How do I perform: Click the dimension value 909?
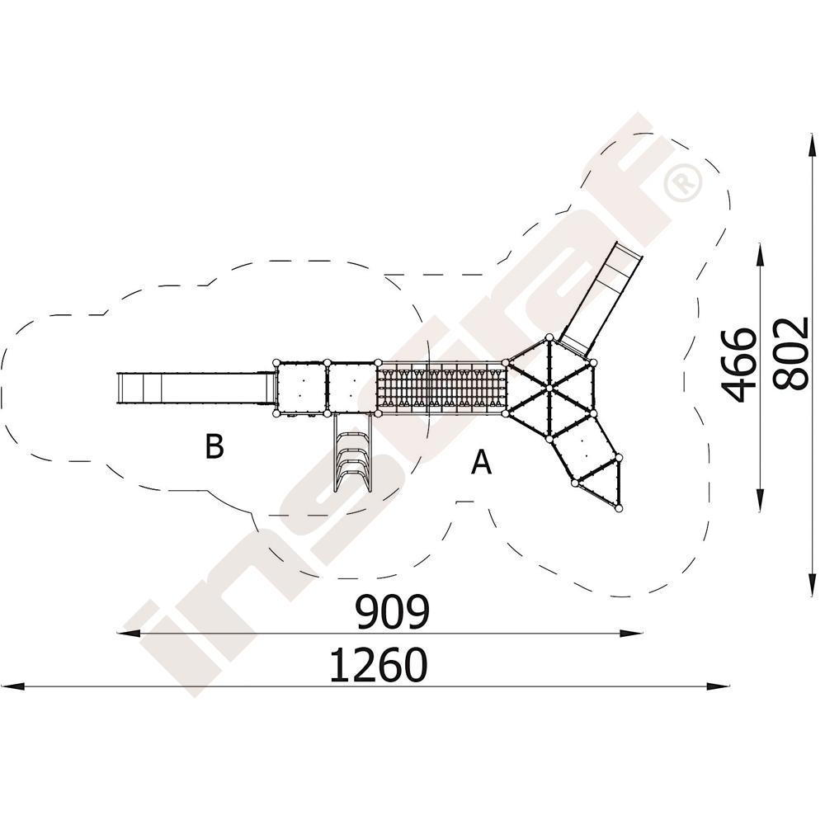[393, 612]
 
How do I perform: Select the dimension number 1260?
[379, 665]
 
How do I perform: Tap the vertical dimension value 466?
[739, 365]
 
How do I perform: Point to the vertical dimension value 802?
[791, 353]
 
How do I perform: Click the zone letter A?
[481, 462]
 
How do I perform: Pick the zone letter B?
[214, 446]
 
